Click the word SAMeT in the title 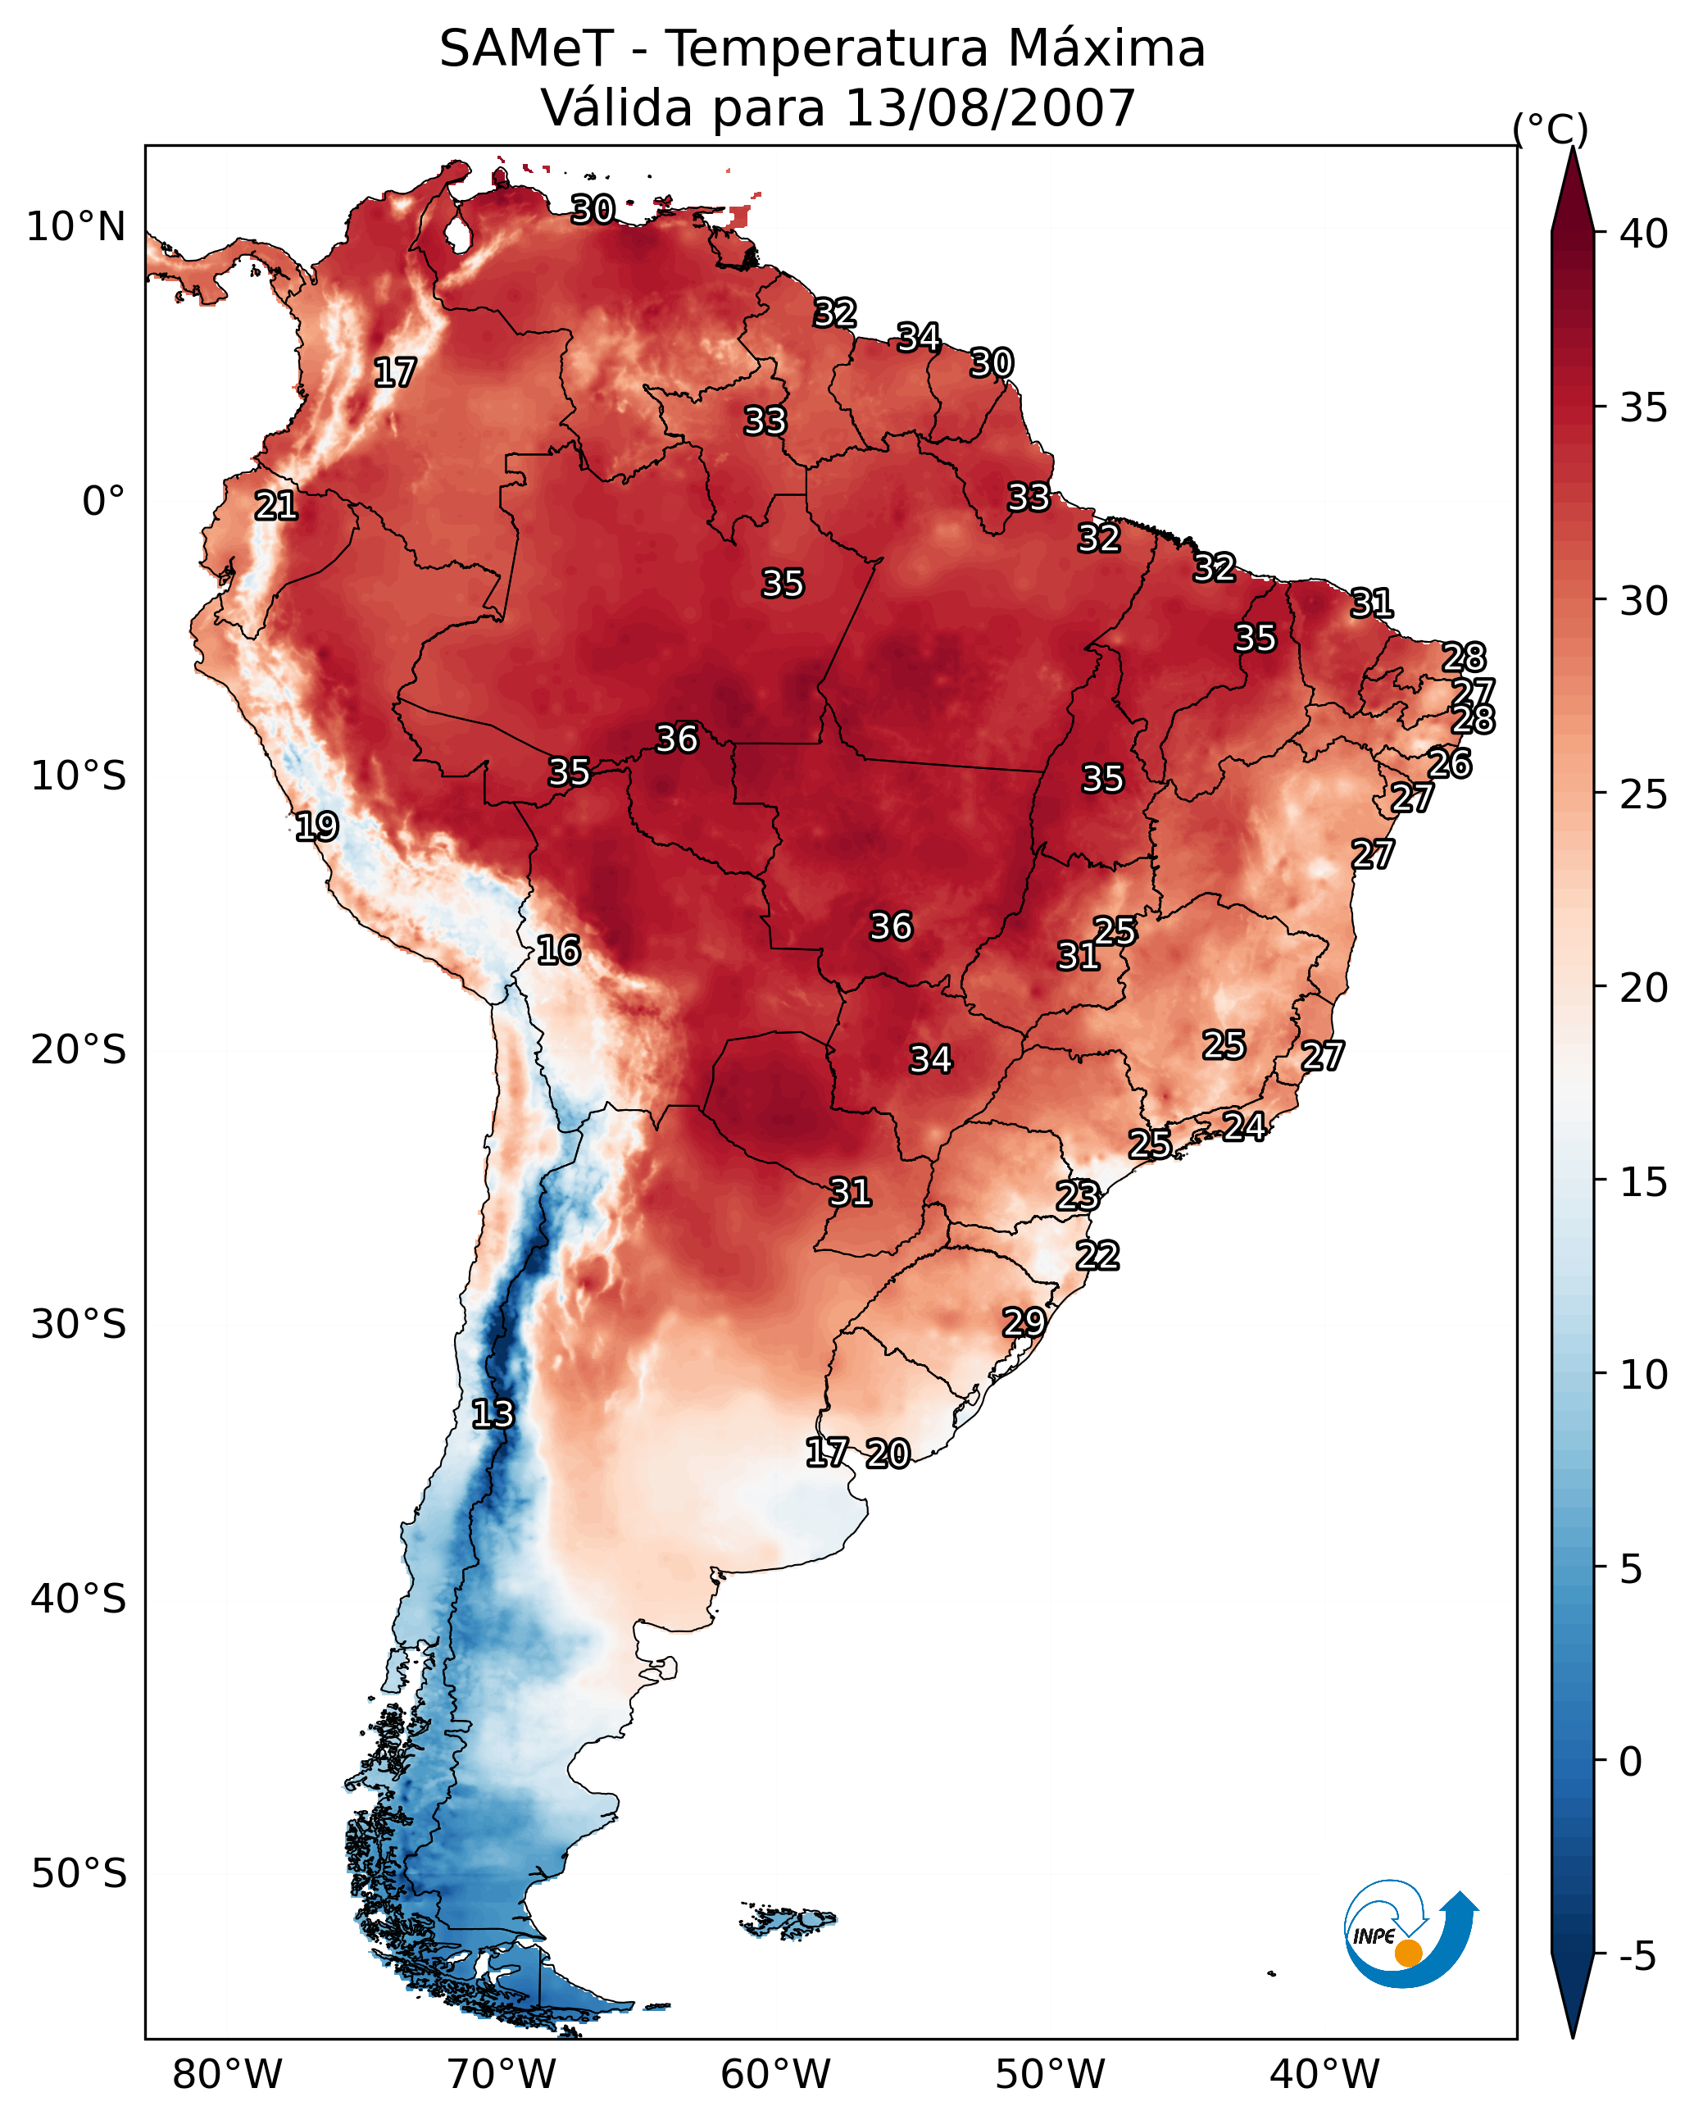click(x=526, y=49)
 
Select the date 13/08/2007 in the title click(x=989, y=108)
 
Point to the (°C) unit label click(x=1551, y=129)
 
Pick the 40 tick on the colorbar click(x=1644, y=234)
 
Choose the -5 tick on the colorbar click(x=1638, y=1956)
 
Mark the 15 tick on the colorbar click(x=1644, y=1182)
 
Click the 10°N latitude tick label click(x=75, y=227)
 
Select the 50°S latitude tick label click(x=79, y=1874)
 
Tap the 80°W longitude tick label click(x=227, y=2074)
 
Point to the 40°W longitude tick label click(x=1324, y=2074)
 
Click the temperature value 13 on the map click(x=493, y=1414)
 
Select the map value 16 click(x=558, y=950)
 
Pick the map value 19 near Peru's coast click(x=316, y=826)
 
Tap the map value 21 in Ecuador click(x=276, y=506)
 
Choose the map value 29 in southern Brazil click(x=1024, y=1322)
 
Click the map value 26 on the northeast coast click(x=1449, y=763)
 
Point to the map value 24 click(x=1244, y=1125)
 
